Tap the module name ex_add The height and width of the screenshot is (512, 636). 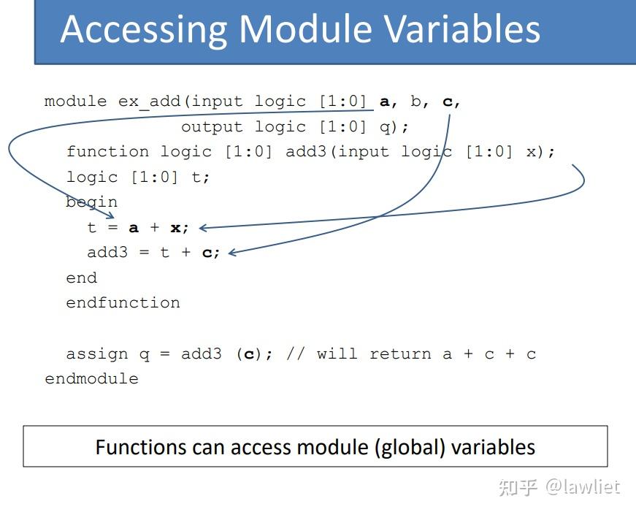pos(149,102)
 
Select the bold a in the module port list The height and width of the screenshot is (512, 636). pos(385,102)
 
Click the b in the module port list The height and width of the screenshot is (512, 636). pos(415,101)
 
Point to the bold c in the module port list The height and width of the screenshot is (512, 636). pos(448,102)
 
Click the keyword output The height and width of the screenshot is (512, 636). pos(212,127)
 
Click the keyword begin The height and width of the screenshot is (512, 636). pos(92,202)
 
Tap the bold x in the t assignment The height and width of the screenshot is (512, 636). pos(176,228)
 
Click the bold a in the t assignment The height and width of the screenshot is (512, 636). pos(134,228)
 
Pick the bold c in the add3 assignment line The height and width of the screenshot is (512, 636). pos(207,253)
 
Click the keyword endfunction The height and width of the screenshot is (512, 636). pos(123,302)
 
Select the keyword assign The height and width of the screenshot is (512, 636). pos(97,354)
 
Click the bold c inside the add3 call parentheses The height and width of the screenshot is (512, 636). pos(249,354)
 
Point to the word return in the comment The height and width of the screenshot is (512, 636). pos(400,354)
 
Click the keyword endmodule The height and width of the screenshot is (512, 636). pos(92,378)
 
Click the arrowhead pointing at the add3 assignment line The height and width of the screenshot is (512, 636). pos(232,253)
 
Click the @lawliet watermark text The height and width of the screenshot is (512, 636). pos(583,486)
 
